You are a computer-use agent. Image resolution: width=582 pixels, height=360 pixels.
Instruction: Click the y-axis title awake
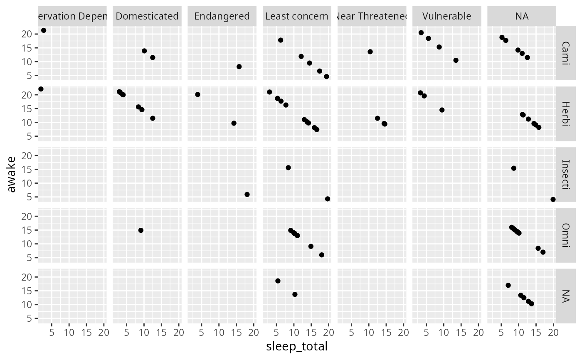coord(12,174)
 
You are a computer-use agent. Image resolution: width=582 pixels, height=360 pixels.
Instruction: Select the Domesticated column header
coord(147,16)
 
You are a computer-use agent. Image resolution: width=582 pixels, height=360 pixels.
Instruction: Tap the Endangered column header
coord(222,16)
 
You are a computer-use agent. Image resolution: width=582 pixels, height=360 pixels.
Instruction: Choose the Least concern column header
coord(297,16)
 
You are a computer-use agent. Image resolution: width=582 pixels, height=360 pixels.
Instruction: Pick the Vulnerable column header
coord(446,16)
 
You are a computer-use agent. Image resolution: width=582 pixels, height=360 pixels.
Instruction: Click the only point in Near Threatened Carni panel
coord(370,52)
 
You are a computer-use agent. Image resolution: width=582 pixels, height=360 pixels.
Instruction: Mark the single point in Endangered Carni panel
coord(239,67)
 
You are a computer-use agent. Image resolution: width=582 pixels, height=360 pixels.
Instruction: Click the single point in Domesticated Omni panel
coord(141,230)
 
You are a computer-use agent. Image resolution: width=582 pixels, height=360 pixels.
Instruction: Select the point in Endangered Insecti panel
coord(247,195)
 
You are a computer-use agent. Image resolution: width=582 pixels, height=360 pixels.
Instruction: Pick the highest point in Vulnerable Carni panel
coord(421,32)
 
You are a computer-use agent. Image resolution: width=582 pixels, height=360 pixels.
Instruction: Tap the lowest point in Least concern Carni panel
coord(326,76)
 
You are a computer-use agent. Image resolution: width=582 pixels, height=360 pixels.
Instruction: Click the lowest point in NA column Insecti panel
coord(553,200)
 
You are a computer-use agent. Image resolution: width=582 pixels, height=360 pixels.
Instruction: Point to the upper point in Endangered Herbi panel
coord(197,94)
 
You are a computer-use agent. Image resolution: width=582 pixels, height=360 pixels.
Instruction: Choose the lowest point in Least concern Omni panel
coord(321,255)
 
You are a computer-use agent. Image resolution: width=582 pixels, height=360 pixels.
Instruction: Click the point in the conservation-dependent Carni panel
coord(44,30)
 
